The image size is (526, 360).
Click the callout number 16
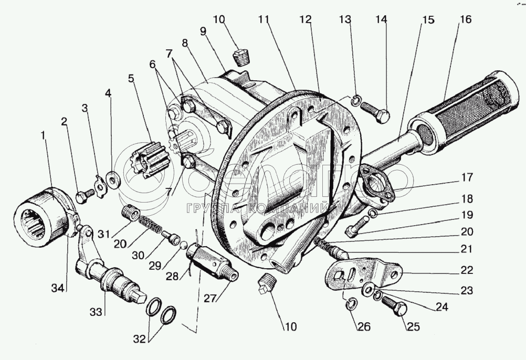pyautogui.click(x=464, y=20)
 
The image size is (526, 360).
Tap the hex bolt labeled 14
pyautogui.click(x=376, y=112)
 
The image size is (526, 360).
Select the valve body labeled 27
pyautogui.click(x=210, y=262)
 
